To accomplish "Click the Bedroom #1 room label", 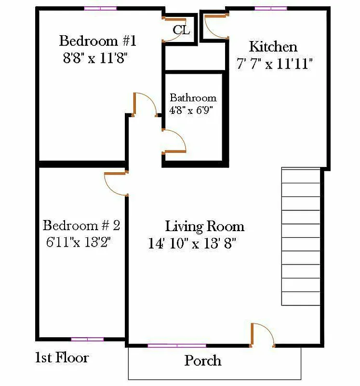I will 98,41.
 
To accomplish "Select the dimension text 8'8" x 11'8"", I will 97,58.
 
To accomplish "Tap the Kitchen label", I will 273,47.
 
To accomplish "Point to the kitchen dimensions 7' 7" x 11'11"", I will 275,64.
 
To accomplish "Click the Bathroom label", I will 193,98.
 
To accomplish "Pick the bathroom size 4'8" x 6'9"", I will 191,110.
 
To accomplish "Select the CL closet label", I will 181,30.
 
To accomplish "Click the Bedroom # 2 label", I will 81,225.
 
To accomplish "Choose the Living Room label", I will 205,226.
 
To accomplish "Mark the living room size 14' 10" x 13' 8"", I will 192,244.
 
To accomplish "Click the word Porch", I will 203,360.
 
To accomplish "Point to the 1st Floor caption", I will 62,358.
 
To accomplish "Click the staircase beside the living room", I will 301,236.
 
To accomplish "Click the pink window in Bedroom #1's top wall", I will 100,8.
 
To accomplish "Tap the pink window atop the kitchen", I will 271,8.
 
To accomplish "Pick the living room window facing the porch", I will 177,345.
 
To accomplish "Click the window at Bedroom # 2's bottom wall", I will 87,339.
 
